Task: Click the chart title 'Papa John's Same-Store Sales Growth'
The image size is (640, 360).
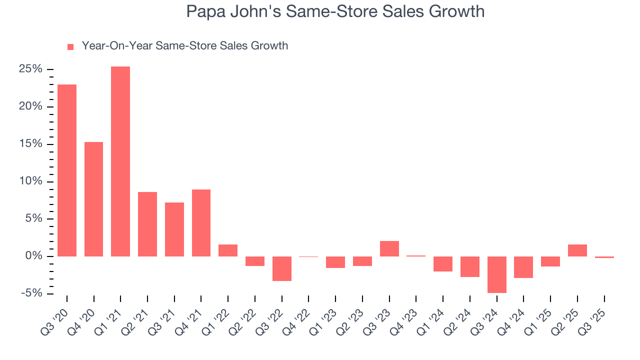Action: pyautogui.click(x=335, y=11)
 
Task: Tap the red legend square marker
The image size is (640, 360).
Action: pyautogui.click(x=70, y=46)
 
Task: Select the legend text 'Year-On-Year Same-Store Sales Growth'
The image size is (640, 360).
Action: pyautogui.click(x=184, y=46)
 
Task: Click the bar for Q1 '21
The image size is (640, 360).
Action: pyautogui.click(x=120, y=161)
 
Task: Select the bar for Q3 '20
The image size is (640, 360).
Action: pyautogui.click(x=67, y=170)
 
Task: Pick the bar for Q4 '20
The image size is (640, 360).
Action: pyautogui.click(x=93, y=199)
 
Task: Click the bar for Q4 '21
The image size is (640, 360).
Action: pyautogui.click(x=201, y=223)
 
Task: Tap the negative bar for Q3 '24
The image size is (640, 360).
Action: pyautogui.click(x=496, y=274)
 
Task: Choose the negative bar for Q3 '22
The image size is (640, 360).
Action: pyautogui.click(x=281, y=268)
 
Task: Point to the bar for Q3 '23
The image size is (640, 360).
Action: pyautogui.click(x=389, y=248)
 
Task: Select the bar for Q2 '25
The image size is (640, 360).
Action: pyautogui.click(x=577, y=250)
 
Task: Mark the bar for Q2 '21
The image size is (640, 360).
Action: pyautogui.click(x=147, y=224)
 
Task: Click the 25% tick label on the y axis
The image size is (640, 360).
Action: pyautogui.click(x=30, y=69)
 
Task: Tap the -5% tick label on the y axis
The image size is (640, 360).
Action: pyautogui.click(x=32, y=293)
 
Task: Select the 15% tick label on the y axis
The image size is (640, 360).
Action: pyautogui.click(x=30, y=144)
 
